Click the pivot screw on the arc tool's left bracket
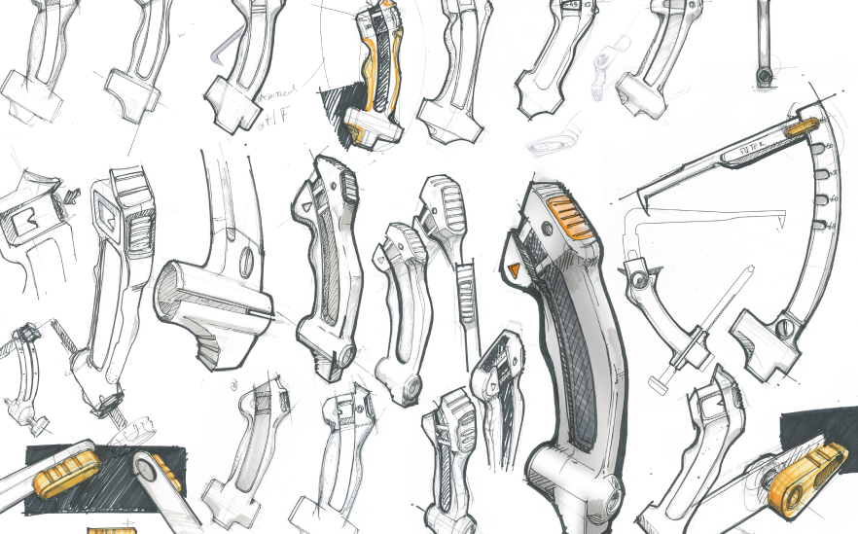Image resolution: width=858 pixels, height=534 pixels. click(638, 280)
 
